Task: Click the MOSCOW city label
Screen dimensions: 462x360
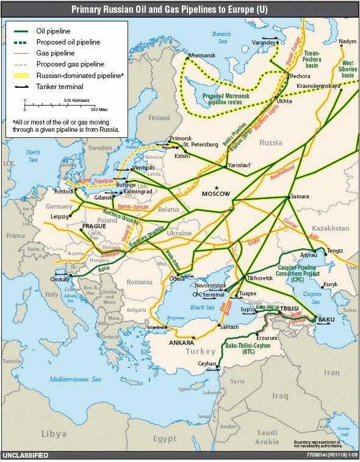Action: click(x=215, y=193)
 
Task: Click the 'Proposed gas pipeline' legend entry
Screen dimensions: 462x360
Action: click(x=70, y=64)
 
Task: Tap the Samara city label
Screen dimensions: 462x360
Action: click(x=300, y=197)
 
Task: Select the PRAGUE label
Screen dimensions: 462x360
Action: click(x=94, y=226)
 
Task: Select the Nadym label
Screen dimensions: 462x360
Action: click(x=347, y=41)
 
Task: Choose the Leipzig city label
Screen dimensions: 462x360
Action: click(x=60, y=217)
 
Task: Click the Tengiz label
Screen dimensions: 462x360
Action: click(x=335, y=251)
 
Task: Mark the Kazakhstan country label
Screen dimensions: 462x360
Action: click(x=329, y=228)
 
